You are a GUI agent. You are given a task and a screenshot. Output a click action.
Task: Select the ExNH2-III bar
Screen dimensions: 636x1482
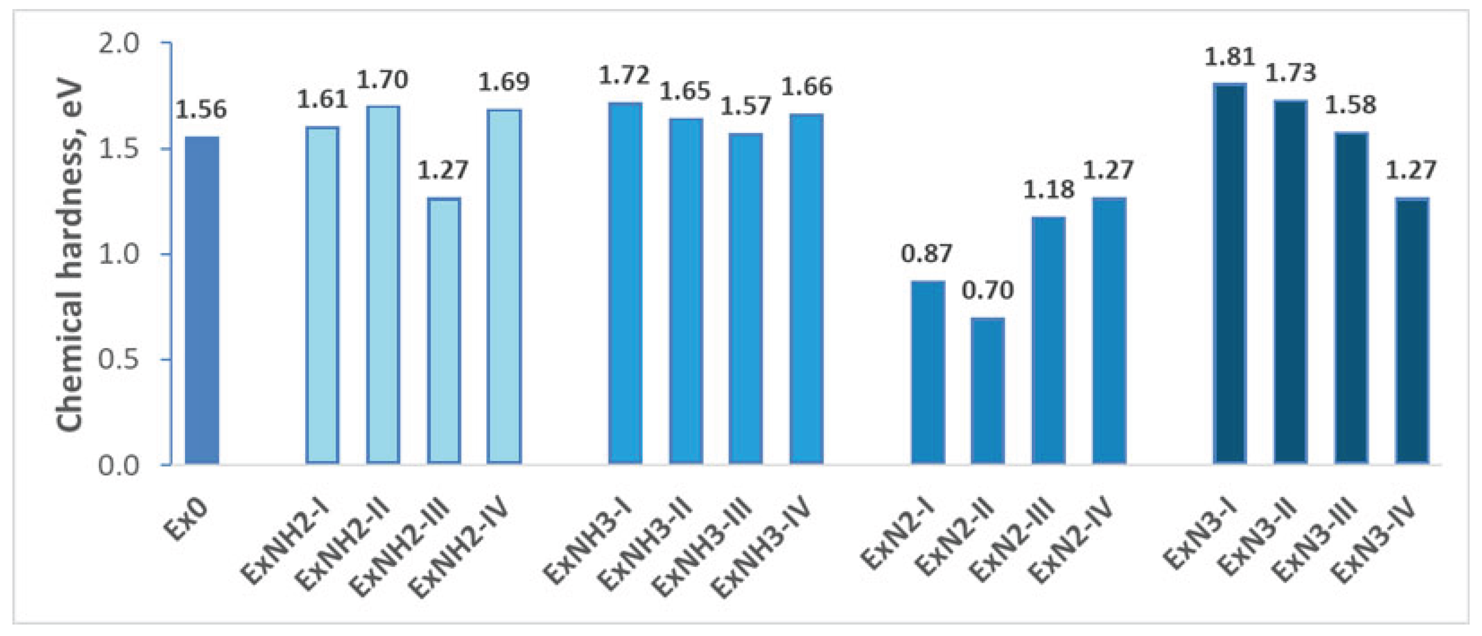pyautogui.click(x=443, y=331)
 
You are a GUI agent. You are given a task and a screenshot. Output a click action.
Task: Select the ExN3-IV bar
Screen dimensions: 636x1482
pyautogui.click(x=1412, y=331)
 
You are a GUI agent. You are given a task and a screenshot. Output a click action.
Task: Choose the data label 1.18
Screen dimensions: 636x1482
pyautogui.click(x=1048, y=190)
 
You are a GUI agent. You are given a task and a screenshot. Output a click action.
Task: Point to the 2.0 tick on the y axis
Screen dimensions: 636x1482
pyautogui.click(x=119, y=44)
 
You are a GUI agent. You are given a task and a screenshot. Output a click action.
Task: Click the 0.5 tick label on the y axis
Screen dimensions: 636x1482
pyautogui.click(x=119, y=360)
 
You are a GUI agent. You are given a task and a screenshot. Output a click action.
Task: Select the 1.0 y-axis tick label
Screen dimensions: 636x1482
pyautogui.click(x=119, y=255)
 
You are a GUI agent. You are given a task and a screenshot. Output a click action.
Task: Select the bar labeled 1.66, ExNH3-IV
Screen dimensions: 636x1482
pyautogui.click(x=806, y=288)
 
